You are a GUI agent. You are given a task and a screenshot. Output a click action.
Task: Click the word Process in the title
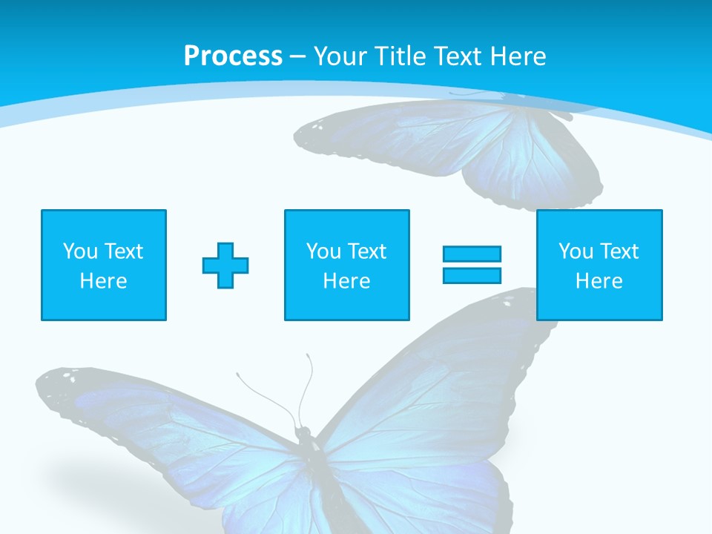pos(233,56)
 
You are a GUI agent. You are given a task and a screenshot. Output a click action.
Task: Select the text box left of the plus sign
pos(104,265)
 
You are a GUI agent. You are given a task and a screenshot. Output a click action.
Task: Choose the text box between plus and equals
pos(346,265)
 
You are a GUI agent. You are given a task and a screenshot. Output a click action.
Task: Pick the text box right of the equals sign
pos(599,265)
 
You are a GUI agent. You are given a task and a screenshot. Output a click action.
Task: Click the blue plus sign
pos(225,265)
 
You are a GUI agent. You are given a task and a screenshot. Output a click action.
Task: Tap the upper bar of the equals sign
pos(472,254)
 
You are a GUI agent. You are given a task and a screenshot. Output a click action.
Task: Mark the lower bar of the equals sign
pos(472,276)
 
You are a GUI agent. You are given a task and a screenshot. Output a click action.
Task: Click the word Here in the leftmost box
pos(104,281)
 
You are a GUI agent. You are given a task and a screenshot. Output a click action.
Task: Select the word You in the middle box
pos(323,251)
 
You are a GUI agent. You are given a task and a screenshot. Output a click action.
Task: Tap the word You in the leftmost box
pos(80,251)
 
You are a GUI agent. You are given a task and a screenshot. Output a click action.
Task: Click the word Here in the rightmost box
pos(599,281)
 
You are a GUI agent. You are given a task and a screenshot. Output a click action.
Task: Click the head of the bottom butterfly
pos(302,432)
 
